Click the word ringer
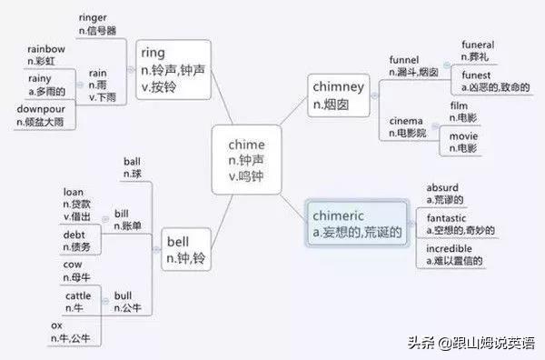[x=94, y=17]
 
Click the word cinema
[x=407, y=121]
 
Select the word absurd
[x=442, y=188]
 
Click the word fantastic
[x=451, y=218]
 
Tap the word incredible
[x=451, y=247]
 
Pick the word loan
[x=74, y=193]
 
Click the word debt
[x=74, y=235]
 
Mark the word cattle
[x=78, y=296]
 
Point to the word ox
[x=56, y=325]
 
